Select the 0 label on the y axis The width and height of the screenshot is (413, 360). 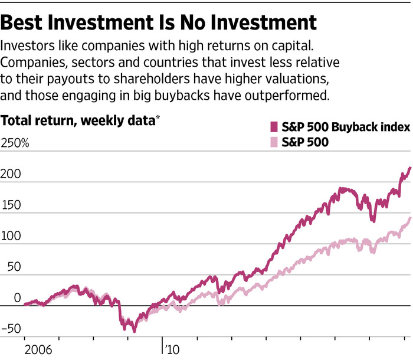pos(7,297)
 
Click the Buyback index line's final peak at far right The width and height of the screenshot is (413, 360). pos(409,168)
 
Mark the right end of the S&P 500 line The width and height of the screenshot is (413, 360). pos(409,218)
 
